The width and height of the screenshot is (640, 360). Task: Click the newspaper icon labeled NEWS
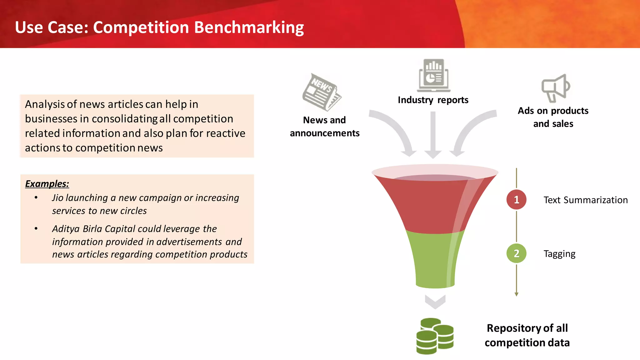pyautogui.click(x=322, y=92)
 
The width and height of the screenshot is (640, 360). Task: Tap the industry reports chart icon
pyautogui.click(x=433, y=75)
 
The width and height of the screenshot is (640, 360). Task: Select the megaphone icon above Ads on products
pyautogui.click(x=555, y=88)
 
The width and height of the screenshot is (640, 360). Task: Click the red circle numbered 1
pyautogui.click(x=516, y=200)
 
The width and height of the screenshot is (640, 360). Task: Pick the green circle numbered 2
pyautogui.click(x=516, y=253)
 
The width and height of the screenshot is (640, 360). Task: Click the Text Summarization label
pyautogui.click(x=585, y=200)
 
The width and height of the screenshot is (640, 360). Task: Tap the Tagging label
pyautogui.click(x=559, y=254)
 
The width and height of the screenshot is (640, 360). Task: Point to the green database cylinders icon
pyautogui.click(x=435, y=336)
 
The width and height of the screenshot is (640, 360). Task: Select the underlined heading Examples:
pyautogui.click(x=47, y=184)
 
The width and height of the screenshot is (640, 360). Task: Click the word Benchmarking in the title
pyautogui.click(x=249, y=27)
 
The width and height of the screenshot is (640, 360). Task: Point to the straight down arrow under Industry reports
pyautogui.click(x=433, y=134)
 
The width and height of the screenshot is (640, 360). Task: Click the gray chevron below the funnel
pyautogui.click(x=435, y=302)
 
